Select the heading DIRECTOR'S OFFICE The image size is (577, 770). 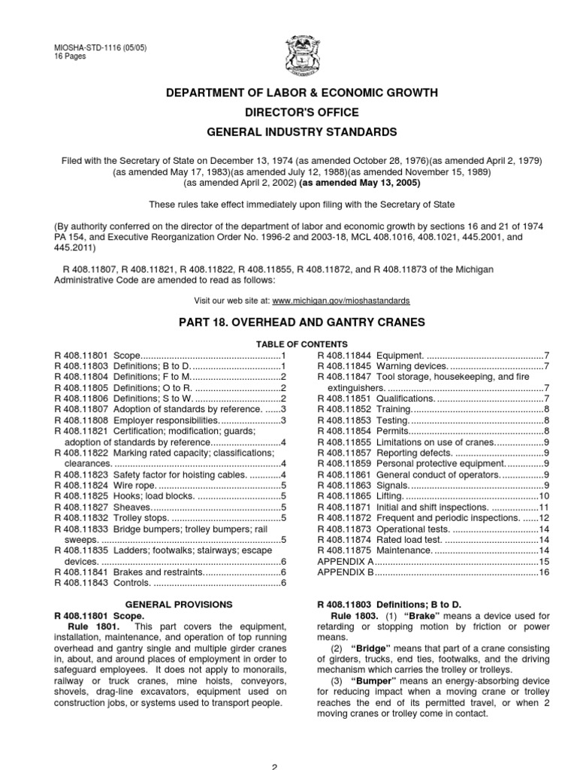[x=288, y=112]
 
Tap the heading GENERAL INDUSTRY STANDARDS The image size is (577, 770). [x=288, y=132]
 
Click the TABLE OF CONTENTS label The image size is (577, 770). [x=288, y=342]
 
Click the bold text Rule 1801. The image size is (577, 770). [x=92, y=626]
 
